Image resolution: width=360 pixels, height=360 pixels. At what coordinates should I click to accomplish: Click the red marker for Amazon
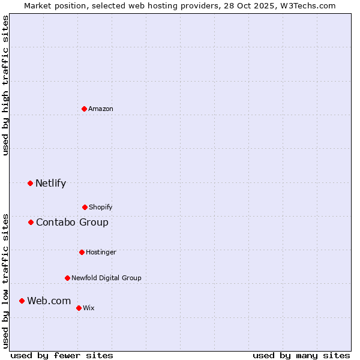point(85,109)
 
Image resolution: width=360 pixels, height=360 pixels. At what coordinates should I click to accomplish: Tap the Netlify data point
point(31,183)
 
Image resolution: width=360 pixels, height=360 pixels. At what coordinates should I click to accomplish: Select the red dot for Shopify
point(85,207)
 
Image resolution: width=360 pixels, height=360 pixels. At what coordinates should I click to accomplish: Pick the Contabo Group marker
point(31,222)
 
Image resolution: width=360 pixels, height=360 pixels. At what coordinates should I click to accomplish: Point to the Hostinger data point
point(82,252)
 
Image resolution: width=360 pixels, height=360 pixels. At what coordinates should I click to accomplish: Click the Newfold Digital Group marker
point(67,278)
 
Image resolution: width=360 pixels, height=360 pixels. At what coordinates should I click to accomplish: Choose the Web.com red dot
point(22,301)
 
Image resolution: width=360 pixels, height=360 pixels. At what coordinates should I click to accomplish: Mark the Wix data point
point(79,308)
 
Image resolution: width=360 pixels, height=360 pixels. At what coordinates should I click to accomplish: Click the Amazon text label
point(101,109)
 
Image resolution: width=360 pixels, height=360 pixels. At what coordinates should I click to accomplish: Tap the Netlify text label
point(50,183)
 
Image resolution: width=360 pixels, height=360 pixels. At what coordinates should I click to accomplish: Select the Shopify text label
point(101,207)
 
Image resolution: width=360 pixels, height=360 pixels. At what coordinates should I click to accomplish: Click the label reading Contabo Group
point(72,222)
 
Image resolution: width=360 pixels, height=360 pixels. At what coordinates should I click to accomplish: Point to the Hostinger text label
point(101,252)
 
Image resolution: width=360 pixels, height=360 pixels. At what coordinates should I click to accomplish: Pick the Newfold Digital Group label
point(106,278)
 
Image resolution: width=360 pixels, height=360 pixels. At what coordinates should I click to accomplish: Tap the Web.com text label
point(49,301)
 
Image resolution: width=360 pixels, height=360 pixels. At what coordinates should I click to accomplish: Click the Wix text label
point(89,308)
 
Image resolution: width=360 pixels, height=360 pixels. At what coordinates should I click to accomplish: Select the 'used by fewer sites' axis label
point(62,355)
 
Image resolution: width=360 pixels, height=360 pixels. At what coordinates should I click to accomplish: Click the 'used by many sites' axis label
point(301,355)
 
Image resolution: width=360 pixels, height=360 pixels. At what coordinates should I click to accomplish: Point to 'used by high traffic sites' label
point(5,85)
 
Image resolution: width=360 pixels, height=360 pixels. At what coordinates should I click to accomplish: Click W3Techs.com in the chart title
point(305,5)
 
